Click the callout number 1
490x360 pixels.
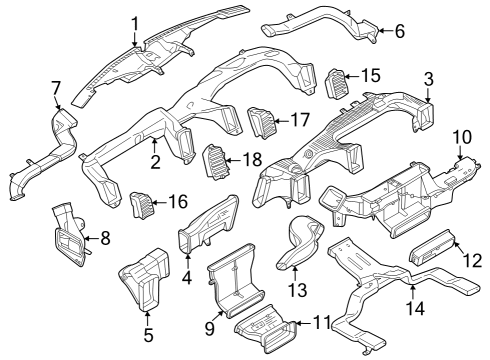tap(136, 21)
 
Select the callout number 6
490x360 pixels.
tap(399, 31)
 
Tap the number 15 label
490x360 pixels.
tap(371, 75)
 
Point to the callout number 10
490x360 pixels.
tap(461, 136)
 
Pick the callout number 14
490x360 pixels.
tap(414, 309)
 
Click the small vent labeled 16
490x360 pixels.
tap(144, 205)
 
